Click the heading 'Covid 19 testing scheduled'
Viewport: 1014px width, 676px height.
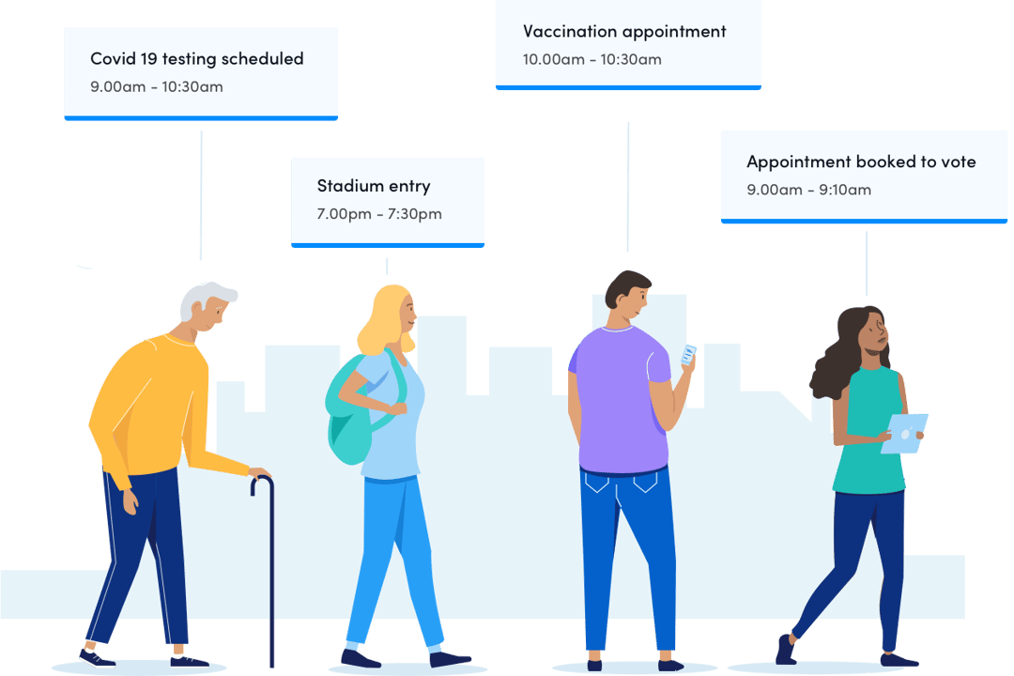[x=197, y=59]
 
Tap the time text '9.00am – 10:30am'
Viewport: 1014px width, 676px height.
[x=157, y=86]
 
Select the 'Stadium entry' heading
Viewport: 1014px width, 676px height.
[x=374, y=186]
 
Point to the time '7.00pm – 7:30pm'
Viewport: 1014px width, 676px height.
[x=379, y=213]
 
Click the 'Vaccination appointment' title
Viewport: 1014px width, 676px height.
[x=624, y=32]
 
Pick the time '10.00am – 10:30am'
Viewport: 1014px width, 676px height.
[x=592, y=59]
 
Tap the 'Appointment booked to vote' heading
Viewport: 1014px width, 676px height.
[x=861, y=161]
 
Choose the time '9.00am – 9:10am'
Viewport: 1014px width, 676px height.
[x=809, y=190]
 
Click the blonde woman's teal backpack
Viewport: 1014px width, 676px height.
[x=352, y=414]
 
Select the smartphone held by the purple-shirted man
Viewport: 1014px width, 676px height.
[x=687, y=355]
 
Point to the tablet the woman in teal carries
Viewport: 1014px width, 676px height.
[x=905, y=434]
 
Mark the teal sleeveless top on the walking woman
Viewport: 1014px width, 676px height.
[x=869, y=430]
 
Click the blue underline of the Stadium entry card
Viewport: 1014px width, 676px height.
[x=388, y=245]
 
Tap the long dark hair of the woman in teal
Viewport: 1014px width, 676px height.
[x=840, y=353]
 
